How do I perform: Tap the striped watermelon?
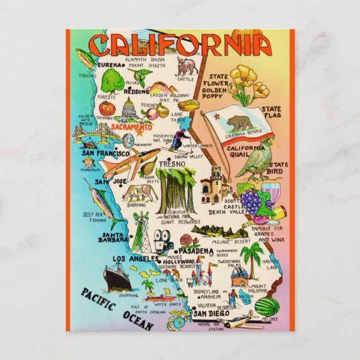point(271,306)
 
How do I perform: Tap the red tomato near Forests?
point(107,108)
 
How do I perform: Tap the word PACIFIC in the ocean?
point(98,301)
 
